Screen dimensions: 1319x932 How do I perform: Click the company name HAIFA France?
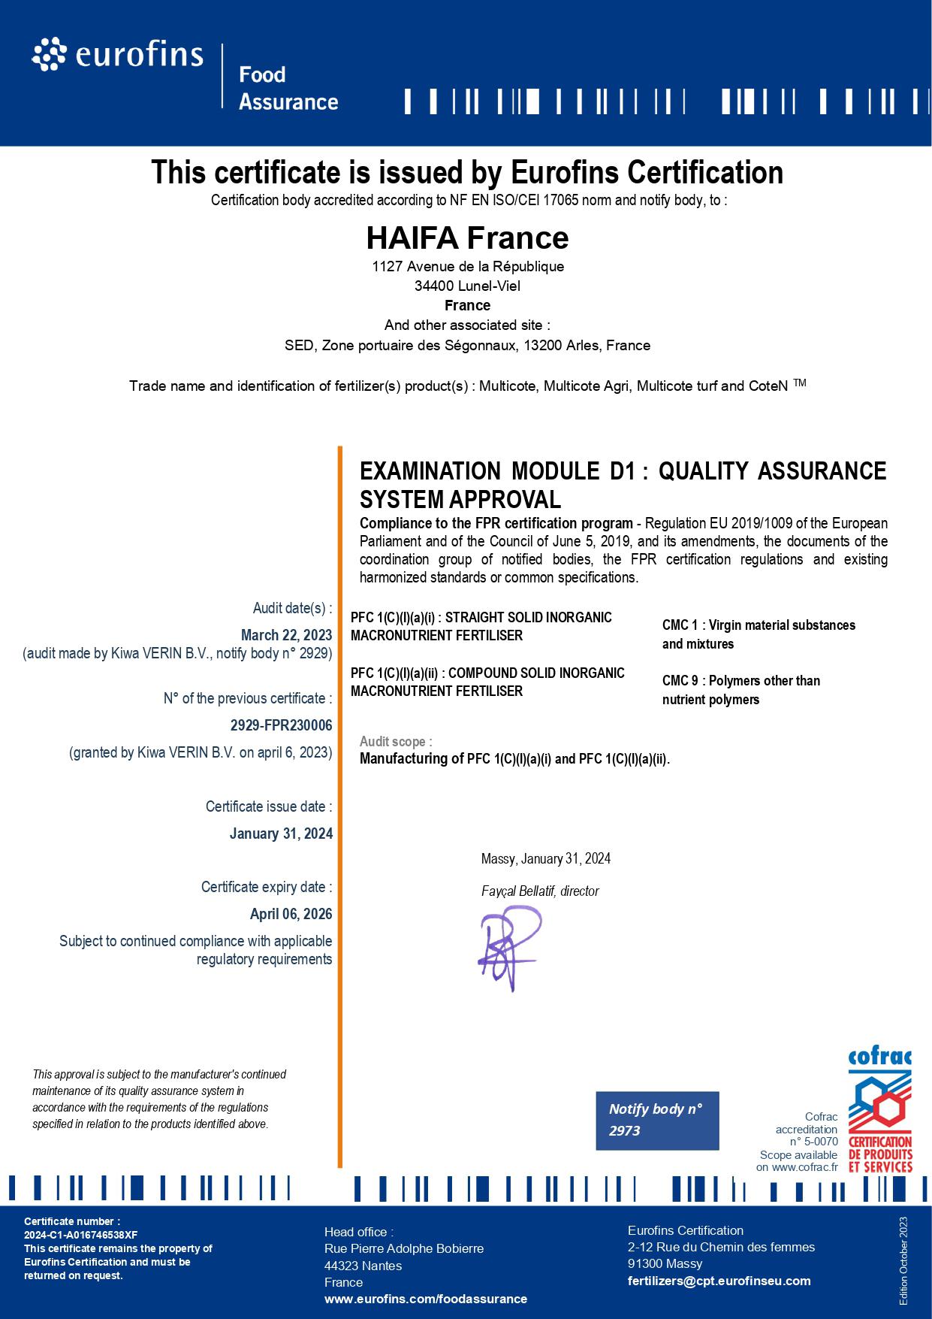467,238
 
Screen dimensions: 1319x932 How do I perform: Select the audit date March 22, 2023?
286,635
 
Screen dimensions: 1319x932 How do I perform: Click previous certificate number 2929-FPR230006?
281,725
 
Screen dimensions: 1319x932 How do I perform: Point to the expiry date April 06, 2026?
291,914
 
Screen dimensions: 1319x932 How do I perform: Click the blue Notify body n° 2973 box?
657,1120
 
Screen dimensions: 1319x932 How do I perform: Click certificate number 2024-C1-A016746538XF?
80,1235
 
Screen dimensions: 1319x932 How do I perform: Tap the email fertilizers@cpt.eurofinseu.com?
719,1281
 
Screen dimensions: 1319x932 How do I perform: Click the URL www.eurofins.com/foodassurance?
425,1299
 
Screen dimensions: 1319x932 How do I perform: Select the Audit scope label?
396,742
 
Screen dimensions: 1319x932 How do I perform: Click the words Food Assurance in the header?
288,88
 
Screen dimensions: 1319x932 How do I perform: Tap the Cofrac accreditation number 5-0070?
819,1142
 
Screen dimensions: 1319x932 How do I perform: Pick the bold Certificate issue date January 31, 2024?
281,833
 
